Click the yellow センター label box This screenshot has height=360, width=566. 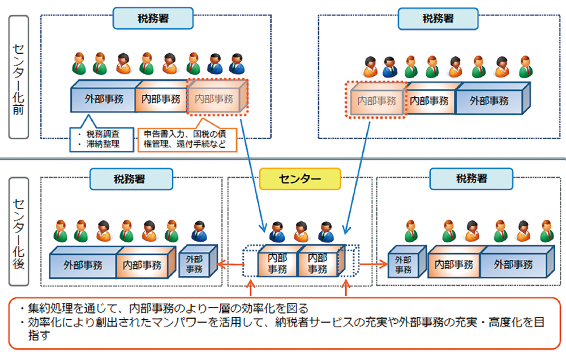[299, 179]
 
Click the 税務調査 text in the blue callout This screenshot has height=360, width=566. [102, 135]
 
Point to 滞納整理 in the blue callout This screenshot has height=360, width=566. [102, 144]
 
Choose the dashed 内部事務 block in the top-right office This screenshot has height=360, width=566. [376, 101]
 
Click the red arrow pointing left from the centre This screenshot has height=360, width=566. [229, 263]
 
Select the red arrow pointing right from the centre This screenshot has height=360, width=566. [371, 263]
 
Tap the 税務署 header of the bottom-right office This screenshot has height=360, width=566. [470, 179]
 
